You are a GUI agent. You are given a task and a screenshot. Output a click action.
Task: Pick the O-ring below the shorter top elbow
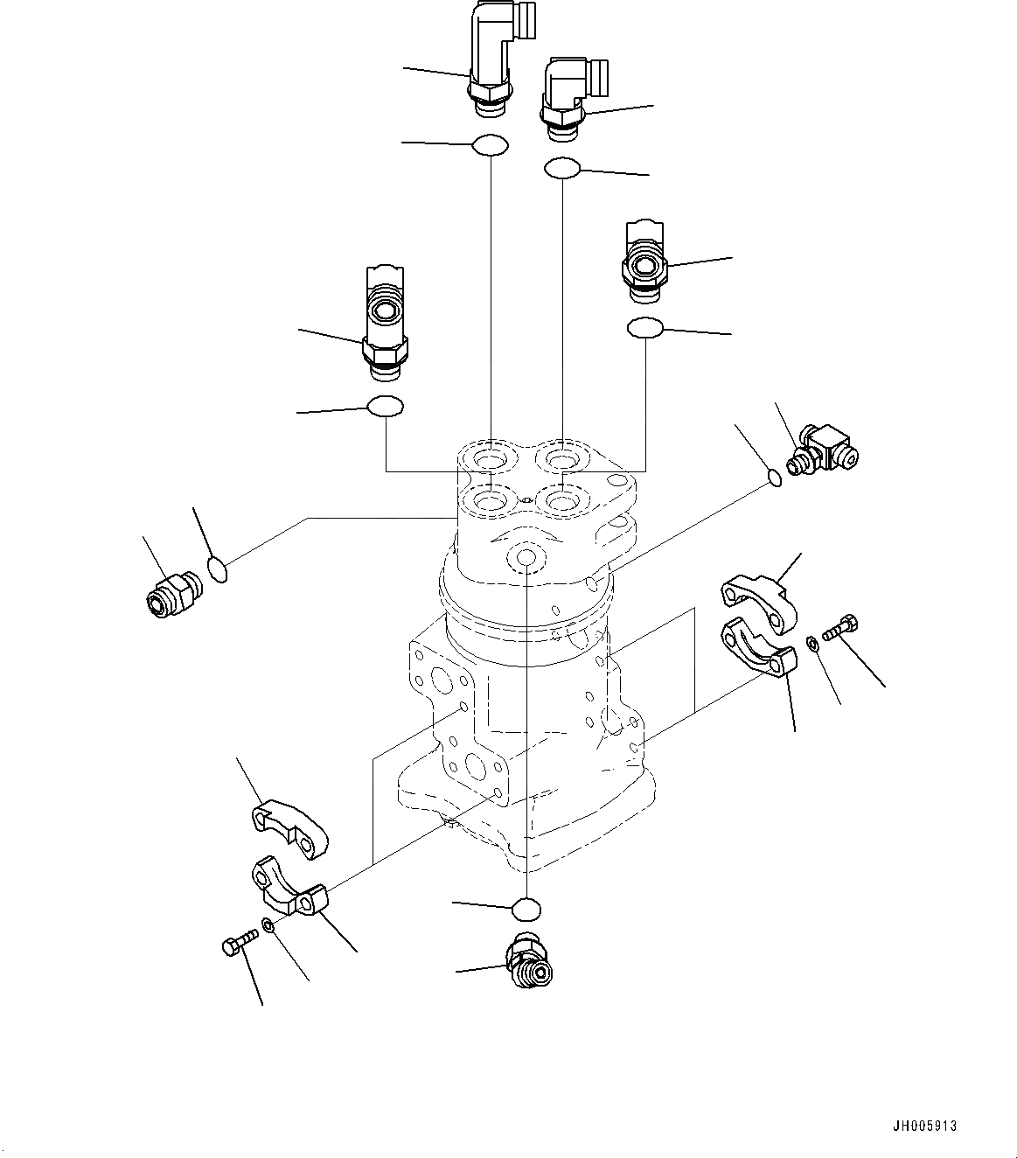pos(562,168)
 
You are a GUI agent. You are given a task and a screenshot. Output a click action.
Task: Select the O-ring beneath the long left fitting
pos(385,407)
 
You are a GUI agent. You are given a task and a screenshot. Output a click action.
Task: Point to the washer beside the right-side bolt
pos(812,645)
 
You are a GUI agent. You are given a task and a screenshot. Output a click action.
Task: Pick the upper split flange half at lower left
pos(289,827)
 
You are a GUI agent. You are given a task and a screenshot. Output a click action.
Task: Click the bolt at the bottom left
pos(239,943)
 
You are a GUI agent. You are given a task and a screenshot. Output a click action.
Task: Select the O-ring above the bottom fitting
pos(526,909)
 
